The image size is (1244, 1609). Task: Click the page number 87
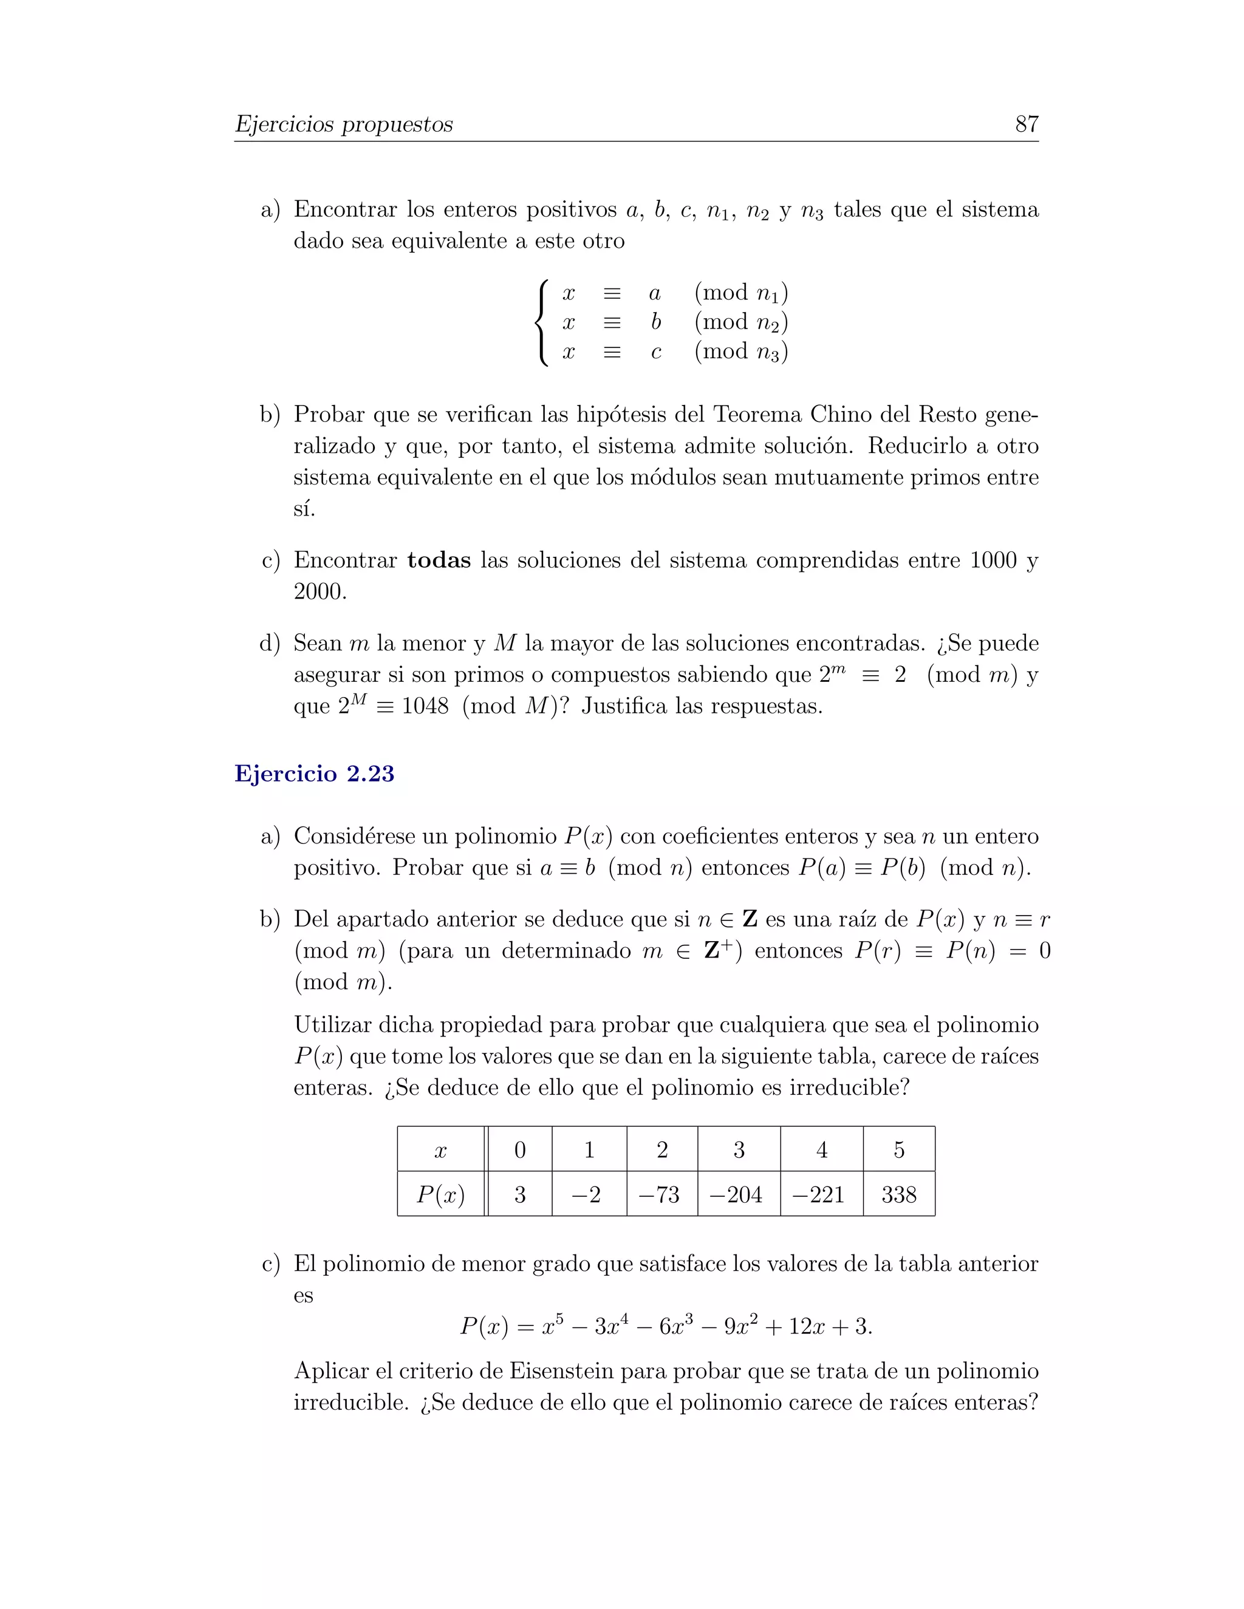(1026, 124)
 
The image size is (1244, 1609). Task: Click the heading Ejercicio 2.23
(314, 774)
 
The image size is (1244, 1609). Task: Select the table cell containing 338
(898, 1194)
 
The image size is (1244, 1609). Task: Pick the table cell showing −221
(821, 1194)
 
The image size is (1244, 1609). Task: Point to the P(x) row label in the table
(441, 1194)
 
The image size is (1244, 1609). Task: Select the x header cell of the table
(441, 1150)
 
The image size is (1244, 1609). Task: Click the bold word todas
(439, 560)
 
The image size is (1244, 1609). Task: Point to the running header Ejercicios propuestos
(343, 124)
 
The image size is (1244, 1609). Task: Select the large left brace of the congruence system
(542, 322)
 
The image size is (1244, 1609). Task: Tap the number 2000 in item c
(319, 591)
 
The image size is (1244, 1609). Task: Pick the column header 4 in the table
(821, 1150)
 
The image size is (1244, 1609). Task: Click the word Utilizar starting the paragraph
(332, 1025)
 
